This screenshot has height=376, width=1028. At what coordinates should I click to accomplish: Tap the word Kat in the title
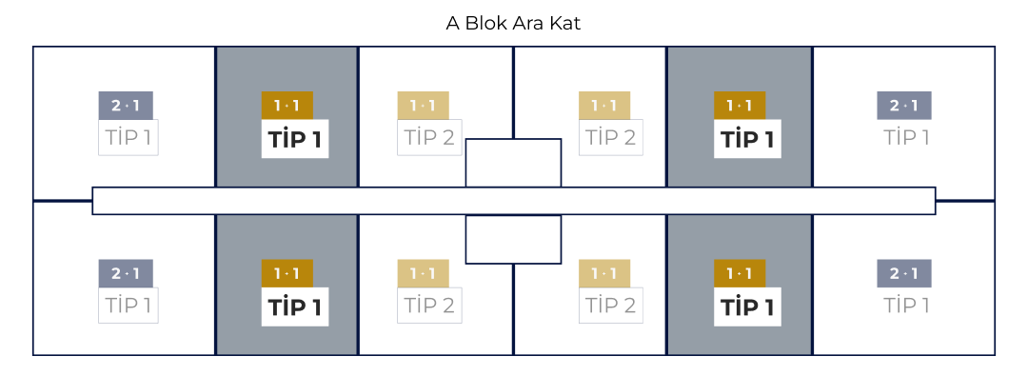(x=563, y=23)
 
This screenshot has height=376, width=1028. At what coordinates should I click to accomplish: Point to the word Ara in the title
(x=525, y=23)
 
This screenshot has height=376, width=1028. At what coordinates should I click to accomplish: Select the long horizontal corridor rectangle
(x=514, y=201)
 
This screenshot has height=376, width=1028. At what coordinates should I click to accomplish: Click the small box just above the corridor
(x=513, y=163)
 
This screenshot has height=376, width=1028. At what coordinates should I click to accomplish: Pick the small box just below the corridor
(x=513, y=239)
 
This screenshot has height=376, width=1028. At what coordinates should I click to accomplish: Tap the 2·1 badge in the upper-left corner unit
(x=126, y=105)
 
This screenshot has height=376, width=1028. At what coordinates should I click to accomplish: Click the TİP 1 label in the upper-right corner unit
(x=905, y=137)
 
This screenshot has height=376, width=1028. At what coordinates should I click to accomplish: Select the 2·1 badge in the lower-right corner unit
(x=904, y=274)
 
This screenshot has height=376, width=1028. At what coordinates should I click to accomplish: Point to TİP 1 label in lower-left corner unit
(x=128, y=306)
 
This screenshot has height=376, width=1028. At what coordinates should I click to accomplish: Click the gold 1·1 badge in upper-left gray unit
(x=287, y=105)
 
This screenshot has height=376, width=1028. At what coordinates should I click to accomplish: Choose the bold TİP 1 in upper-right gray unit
(x=747, y=139)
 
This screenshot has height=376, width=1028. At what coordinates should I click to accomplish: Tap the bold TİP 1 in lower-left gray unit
(x=295, y=307)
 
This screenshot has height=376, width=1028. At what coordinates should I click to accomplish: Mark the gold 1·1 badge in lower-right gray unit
(x=740, y=274)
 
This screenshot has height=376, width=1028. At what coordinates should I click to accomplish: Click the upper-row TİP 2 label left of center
(x=429, y=137)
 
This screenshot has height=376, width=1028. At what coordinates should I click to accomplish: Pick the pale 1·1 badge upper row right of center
(x=604, y=105)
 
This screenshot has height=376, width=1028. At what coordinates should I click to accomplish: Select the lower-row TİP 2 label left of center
(x=429, y=306)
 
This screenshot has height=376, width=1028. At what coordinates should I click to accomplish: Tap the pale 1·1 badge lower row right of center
(x=604, y=274)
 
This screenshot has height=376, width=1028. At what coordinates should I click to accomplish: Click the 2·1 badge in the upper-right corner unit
(x=904, y=105)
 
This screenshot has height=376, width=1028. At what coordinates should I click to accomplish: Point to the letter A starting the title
(x=453, y=23)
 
